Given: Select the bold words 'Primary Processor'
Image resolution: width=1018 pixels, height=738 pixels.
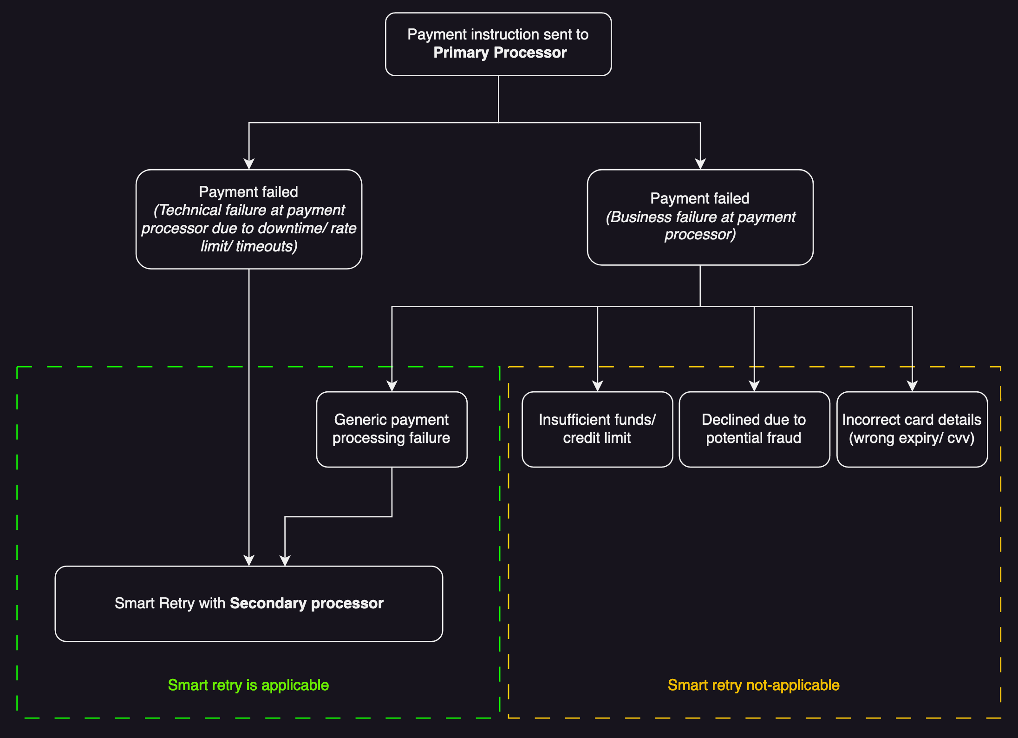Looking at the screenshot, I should coord(500,53).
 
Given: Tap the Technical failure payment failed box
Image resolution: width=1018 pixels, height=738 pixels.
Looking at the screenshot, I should coord(249,219).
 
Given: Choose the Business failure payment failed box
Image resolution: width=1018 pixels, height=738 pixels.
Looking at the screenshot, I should coord(700,217).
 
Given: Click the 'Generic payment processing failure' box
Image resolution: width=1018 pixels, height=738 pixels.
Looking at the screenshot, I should coord(392,429).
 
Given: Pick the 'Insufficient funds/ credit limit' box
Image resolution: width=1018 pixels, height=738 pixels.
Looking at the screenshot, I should coord(597,429).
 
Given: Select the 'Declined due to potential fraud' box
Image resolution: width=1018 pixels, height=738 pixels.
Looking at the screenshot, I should coord(754,429).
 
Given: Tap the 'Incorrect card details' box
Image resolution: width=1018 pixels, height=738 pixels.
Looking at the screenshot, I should coord(912,429).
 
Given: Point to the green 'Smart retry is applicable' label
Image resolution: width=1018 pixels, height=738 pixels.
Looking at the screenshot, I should coord(248,685).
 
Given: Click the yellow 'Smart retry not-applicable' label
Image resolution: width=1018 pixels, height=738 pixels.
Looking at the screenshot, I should coord(753,685).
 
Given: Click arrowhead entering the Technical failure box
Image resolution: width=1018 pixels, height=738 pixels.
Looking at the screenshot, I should coord(249,164).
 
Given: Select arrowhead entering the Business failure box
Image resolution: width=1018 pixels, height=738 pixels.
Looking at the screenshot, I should coord(700,164).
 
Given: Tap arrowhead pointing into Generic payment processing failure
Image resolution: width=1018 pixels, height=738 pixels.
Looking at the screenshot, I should coord(392,386).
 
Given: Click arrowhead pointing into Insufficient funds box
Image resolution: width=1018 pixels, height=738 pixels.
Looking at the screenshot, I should coord(598,386).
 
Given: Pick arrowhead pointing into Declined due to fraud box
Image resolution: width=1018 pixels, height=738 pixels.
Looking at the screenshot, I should coord(754,386).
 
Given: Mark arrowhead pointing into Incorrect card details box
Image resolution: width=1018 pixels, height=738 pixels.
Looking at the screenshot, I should coord(912,386).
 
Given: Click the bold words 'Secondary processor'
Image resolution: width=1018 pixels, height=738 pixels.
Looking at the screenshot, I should coord(307,603).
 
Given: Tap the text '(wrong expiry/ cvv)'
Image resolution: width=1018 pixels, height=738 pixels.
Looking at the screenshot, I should coord(912,438).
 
